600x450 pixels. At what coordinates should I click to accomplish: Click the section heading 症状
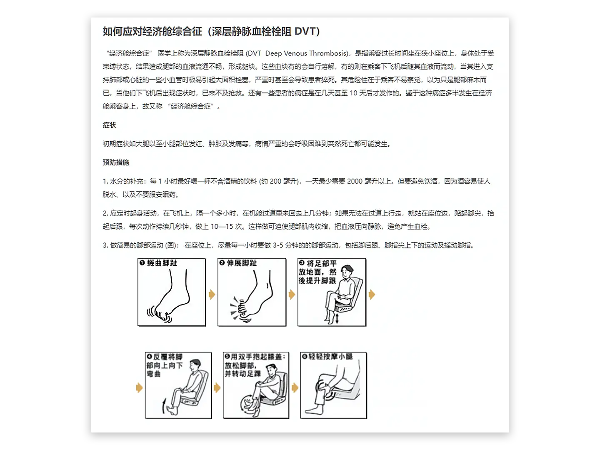tap(109, 125)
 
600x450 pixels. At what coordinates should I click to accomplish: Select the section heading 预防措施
tap(116, 162)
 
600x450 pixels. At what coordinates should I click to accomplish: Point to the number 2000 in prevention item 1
tap(355, 181)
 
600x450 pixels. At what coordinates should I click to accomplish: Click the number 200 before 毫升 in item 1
tap(275, 181)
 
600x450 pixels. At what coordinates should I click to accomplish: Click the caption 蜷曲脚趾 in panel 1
tap(162, 263)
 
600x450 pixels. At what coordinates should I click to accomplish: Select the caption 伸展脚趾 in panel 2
tap(242, 263)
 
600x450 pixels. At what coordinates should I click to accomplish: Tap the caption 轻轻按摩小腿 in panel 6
tap(330, 357)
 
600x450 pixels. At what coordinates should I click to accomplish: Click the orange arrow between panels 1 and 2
tap(212, 295)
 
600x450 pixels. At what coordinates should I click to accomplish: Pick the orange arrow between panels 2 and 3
tap(292, 295)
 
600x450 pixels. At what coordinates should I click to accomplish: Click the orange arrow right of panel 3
tap(372, 295)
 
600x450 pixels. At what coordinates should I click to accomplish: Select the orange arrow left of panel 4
tap(139, 387)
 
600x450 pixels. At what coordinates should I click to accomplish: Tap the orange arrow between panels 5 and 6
tap(295, 387)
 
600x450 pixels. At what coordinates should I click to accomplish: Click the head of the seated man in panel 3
tap(347, 271)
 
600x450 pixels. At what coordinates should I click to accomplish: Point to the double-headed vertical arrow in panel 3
tap(337, 319)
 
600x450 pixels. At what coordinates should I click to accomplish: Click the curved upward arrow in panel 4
tap(164, 406)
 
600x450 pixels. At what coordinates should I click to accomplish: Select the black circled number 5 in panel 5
tap(227, 356)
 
